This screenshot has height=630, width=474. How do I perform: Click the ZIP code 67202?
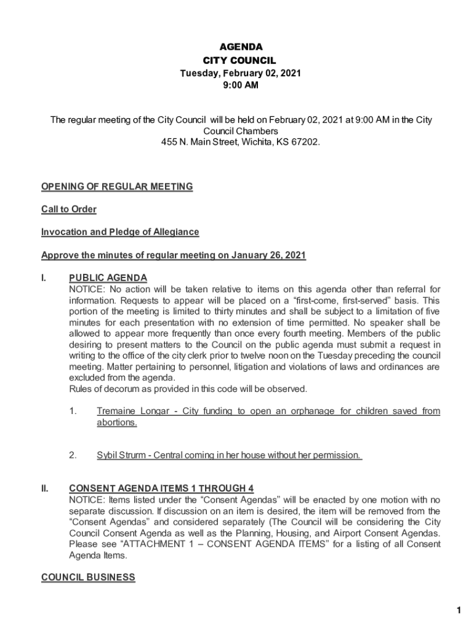coord(305,142)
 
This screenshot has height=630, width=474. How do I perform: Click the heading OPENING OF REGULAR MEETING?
coord(117,186)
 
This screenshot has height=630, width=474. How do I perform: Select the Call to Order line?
coord(69,209)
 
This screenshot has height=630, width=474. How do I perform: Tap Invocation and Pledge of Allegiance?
coord(120,232)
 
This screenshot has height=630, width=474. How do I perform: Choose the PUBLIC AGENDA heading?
coord(108,278)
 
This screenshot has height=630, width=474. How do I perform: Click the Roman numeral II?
coord(45,488)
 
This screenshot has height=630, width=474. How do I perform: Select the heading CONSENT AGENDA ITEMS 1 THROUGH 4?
coord(161,488)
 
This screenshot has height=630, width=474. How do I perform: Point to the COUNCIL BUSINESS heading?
coord(88,577)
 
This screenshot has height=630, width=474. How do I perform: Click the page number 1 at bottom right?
coord(459,610)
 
